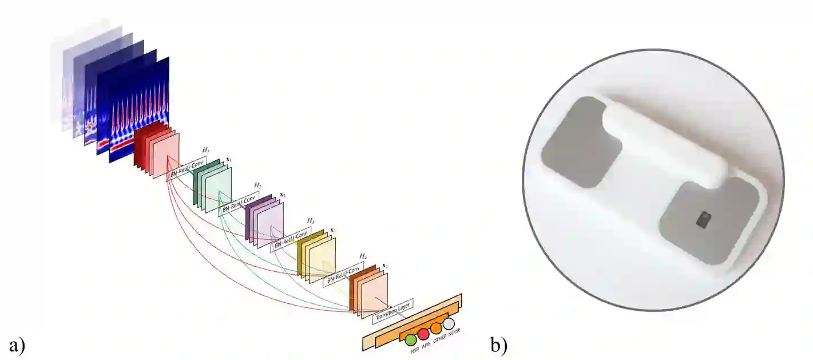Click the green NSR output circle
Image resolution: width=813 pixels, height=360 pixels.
click(410, 340)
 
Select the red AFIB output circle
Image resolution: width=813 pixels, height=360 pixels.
click(423, 335)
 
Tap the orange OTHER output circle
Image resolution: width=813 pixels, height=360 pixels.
click(437, 329)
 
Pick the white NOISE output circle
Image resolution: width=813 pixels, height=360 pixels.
click(449, 323)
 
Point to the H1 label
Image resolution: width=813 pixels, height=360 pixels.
click(205, 150)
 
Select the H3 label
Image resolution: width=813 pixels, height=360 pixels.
click(310, 221)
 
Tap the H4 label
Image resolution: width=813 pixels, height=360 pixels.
click(362, 256)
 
